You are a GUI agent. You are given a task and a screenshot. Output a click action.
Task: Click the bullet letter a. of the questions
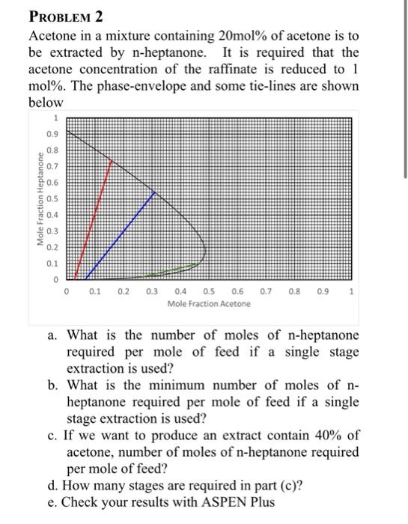[x=53, y=335]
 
